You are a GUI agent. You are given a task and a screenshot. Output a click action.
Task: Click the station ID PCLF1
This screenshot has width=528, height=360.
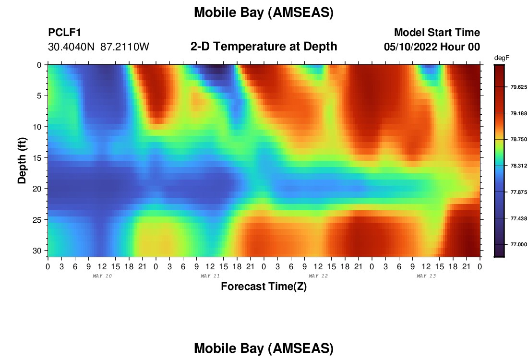65,32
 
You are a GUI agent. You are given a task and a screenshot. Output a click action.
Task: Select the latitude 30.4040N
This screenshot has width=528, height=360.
71,47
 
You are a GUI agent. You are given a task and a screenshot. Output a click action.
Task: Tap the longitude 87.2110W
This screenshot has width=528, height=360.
125,47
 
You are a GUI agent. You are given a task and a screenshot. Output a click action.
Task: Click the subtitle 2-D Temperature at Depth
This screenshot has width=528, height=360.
264,47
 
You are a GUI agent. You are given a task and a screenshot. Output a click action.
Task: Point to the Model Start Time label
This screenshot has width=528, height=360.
437,32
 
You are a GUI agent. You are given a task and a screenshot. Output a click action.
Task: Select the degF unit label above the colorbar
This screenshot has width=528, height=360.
502,58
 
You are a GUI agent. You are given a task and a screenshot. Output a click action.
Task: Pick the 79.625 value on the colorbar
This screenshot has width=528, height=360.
518,87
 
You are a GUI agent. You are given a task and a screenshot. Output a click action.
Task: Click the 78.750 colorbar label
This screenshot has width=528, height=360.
518,139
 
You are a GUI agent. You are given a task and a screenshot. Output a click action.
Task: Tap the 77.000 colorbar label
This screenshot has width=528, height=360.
518,244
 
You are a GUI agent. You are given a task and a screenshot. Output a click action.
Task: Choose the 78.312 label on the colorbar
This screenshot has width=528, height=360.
518,166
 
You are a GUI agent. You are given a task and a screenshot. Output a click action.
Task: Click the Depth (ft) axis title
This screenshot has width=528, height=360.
22,160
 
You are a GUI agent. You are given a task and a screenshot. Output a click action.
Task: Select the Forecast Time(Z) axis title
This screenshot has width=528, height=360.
264,287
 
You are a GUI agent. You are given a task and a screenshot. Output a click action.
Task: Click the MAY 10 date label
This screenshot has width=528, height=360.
102,276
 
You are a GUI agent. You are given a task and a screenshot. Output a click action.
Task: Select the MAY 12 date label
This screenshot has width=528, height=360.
318,276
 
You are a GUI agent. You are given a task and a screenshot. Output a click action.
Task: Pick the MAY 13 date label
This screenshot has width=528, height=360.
426,276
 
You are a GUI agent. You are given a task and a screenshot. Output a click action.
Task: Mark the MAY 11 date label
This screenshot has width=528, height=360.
210,276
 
